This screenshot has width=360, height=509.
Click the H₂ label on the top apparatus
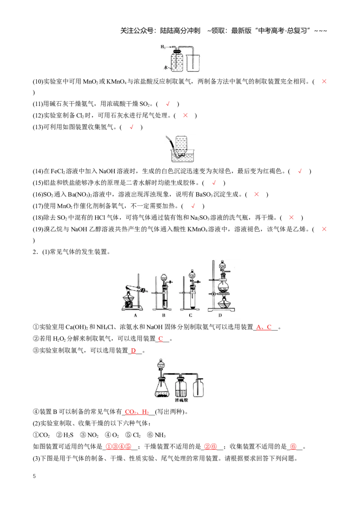click(x=163, y=47)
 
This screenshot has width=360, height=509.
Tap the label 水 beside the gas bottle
click(x=166, y=68)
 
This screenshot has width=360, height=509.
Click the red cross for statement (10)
click(x=324, y=81)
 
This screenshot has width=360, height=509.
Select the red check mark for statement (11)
click(x=168, y=104)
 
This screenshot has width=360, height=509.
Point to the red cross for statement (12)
click(x=185, y=115)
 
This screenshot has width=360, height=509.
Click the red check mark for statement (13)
click(x=131, y=127)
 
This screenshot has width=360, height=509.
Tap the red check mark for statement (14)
click(x=300, y=171)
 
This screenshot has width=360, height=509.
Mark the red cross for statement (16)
click(x=256, y=194)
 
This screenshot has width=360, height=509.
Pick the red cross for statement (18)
click(x=291, y=218)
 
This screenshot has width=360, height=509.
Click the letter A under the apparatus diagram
click(x=135, y=315)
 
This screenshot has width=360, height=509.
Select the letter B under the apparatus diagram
click(x=163, y=315)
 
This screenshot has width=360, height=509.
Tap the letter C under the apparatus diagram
click(x=190, y=315)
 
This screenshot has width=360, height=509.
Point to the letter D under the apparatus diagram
click(x=220, y=315)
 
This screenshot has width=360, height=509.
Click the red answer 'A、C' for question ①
click(x=264, y=327)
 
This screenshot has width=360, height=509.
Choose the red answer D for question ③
click(x=133, y=351)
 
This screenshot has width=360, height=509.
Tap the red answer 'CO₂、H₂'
click(x=137, y=412)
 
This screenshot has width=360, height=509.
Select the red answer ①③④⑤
click(x=119, y=446)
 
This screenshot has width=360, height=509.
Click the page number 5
click(x=35, y=476)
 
